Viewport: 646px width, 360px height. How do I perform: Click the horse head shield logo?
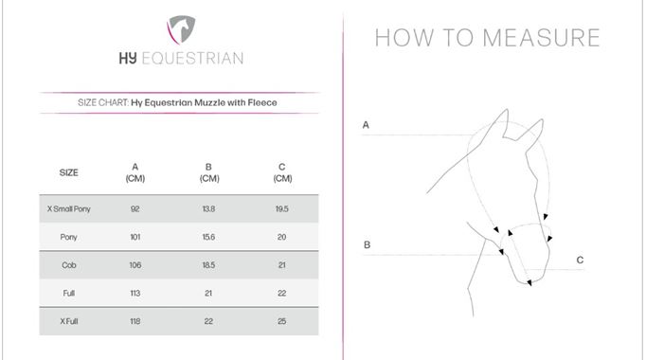coord(181,29)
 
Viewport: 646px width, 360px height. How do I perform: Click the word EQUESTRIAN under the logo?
coord(192,59)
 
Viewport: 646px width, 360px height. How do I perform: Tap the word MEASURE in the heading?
coord(541,38)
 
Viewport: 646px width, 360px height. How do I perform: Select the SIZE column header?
coord(68,172)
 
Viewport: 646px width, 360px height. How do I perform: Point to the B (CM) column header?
coord(209,172)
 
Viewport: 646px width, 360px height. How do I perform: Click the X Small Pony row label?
coord(68,208)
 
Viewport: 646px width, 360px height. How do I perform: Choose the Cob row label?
coord(69,265)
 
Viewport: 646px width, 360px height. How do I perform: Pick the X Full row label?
coord(69,321)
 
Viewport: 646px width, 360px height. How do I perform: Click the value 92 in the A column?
coord(135,208)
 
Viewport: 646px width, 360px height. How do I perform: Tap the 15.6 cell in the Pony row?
coord(208,237)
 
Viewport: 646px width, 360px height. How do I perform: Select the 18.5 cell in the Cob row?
coord(208,265)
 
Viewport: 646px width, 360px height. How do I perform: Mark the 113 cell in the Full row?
coord(135,293)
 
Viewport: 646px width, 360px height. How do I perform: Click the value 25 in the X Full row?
coord(282,321)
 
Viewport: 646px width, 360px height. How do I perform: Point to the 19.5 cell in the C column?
coord(282,208)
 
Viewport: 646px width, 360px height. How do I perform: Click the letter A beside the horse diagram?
coord(366,125)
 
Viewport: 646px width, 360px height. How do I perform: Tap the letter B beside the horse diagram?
coord(368,244)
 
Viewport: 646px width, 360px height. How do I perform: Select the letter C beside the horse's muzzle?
coord(580,260)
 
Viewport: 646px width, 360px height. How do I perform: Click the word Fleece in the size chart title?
coord(262,102)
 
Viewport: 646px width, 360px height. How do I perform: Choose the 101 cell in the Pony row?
coord(135,237)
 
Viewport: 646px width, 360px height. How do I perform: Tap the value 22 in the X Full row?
coord(208,321)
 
